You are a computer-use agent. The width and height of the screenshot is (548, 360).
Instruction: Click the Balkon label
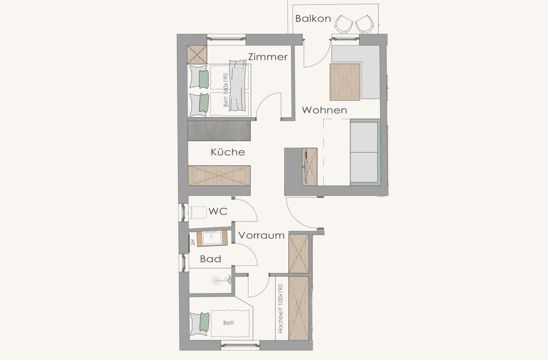pos(313,19)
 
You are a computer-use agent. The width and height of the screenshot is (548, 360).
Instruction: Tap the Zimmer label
pos(268,57)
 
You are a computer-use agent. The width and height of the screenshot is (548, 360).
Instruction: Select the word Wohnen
pos(324,110)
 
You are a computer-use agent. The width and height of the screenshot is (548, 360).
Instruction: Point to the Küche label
pos(228,152)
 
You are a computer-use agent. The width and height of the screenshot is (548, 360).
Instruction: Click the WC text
pos(218,212)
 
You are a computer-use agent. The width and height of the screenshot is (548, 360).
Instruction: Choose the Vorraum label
pos(261,235)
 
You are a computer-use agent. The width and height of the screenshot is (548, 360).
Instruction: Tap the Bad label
pos(211,259)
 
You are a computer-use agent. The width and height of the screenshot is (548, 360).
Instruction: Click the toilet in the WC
pos(198,212)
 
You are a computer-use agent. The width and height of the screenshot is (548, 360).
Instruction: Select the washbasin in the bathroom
pos(212,238)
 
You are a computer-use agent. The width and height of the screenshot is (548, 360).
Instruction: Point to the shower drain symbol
pos(216,281)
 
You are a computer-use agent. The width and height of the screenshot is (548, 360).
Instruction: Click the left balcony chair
pos(344,24)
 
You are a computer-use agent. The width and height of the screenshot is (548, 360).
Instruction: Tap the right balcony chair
pos(365,24)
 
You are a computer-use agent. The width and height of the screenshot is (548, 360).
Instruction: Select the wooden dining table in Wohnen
pos(345,82)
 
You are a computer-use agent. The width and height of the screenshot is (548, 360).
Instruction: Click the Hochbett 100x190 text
pos(281,308)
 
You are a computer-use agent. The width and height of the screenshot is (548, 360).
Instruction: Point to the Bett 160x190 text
pos(225,90)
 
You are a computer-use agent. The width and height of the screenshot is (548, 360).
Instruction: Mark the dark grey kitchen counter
pos(219,131)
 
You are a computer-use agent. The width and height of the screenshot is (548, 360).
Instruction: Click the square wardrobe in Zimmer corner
pos(197,55)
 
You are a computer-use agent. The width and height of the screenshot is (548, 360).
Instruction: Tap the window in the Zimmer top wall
pos(226,39)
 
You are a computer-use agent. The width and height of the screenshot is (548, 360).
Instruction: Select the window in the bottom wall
pos(240,345)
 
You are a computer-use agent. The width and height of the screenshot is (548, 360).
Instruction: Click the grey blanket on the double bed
pos(238,85)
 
